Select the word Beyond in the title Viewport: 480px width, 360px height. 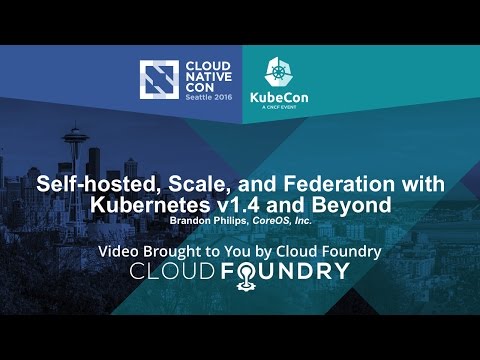click(x=349, y=205)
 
